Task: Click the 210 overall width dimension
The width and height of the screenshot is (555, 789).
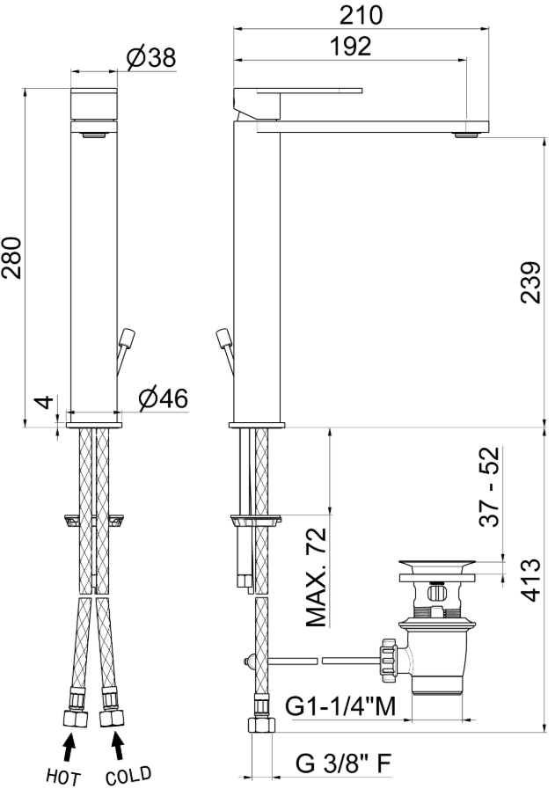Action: tap(360, 15)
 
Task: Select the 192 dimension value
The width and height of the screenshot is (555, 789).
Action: tap(353, 47)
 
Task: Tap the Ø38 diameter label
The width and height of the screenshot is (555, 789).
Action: tap(150, 58)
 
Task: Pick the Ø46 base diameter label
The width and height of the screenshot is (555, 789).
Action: tap(163, 399)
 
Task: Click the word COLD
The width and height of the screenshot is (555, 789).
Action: tap(128, 776)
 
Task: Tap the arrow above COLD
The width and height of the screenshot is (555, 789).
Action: tap(116, 749)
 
